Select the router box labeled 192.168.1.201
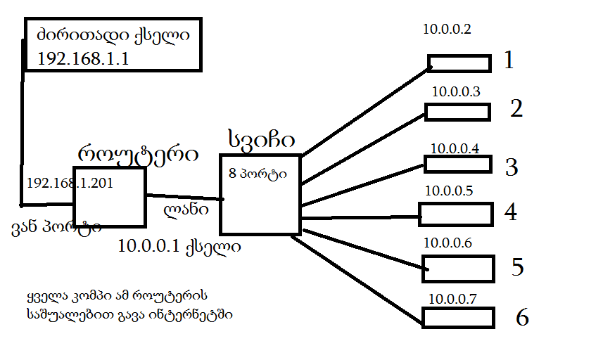pyautogui.click(x=110, y=204)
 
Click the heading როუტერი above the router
pyautogui.click(x=137, y=154)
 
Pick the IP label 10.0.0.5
pyautogui.click(x=449, y=191)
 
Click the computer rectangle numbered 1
pyautogui.click(x=459, y=63)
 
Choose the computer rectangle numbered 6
pyautogui.click(x=459, y=317)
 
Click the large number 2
pyautogui.click(x=517, y=109)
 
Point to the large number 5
pyautogui.click(x=518, y=267)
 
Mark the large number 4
pyautogui.click(x=511, y=212)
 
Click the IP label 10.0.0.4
pyautogui.click(x=455, y=148)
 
